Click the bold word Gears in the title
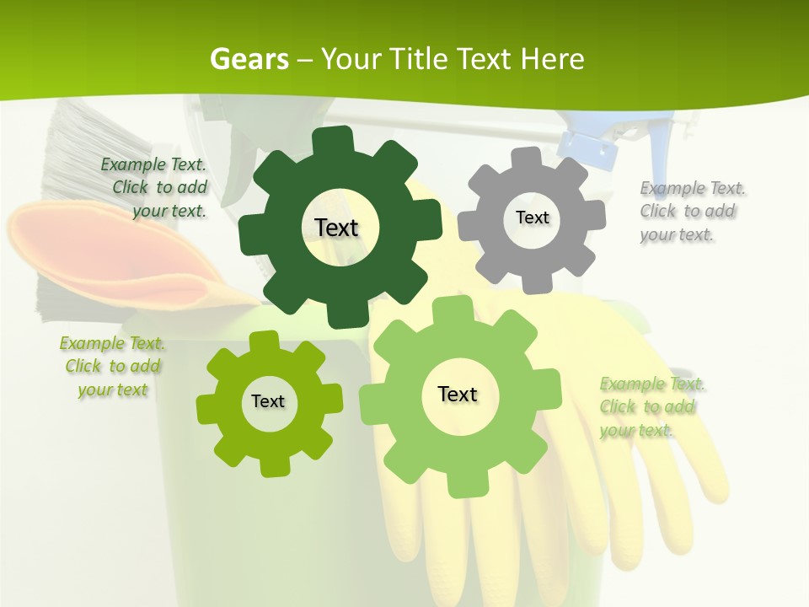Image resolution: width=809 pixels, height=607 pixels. click(249, 59)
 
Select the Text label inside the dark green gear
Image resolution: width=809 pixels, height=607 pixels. click(336, 228)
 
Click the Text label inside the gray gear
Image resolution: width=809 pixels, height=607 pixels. click(532, 218)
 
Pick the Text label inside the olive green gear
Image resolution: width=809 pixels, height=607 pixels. click(268, 401)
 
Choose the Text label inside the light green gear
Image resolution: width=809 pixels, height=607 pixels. click(458, 394)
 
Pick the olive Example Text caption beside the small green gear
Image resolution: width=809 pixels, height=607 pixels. click(112, 367)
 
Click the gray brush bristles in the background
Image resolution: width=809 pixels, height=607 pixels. click(72, 152)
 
